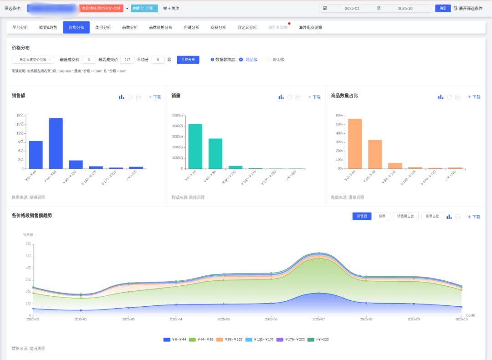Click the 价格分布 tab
pos(76,27)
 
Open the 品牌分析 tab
pos(130,27)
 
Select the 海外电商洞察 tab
pos(310,27)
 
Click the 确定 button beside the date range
pos(443,8)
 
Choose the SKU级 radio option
pos(268,60)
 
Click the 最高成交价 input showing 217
pos(128,60)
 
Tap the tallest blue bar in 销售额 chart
pos(56,143)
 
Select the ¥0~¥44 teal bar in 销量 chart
pos(195,146)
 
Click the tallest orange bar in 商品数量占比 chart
pos(355,143)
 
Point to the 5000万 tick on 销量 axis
pos(177,115)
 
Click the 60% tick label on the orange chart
pos(339,115)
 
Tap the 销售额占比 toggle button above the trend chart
pos(405,216)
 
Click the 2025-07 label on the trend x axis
pos(318,319)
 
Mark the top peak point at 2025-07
pos(319,253)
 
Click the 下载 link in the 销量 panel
pos(314,97)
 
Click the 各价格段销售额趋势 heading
pos(32,215)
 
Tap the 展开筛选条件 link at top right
pos(468,8)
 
